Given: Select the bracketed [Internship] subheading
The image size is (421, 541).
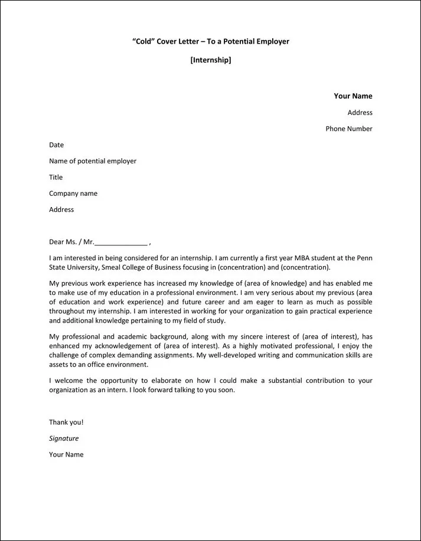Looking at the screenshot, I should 211,60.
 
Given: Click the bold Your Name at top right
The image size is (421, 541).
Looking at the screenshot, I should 353,96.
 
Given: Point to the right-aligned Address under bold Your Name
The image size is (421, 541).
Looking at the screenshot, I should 360,113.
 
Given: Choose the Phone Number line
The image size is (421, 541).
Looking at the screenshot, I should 348,129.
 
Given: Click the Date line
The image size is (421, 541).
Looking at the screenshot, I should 56,145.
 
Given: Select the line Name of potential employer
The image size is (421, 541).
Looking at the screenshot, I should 92,161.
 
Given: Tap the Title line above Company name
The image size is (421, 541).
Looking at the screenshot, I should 56,177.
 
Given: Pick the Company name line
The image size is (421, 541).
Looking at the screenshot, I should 73,194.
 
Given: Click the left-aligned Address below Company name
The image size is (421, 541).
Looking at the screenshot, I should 61,209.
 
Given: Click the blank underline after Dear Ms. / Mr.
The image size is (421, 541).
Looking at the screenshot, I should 120,242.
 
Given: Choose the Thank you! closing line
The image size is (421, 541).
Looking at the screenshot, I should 66,422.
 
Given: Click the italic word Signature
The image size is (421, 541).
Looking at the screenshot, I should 64,438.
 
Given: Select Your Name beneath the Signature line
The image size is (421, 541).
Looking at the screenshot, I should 66,454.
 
